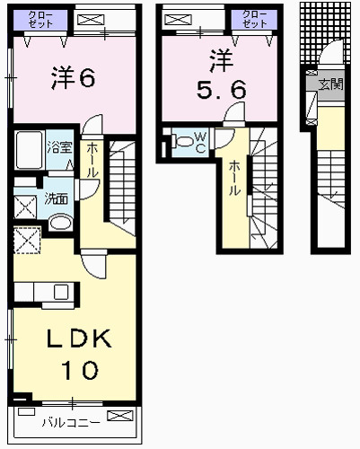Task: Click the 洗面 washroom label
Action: tap(56, 198)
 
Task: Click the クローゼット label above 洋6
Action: tap(39, 20)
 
